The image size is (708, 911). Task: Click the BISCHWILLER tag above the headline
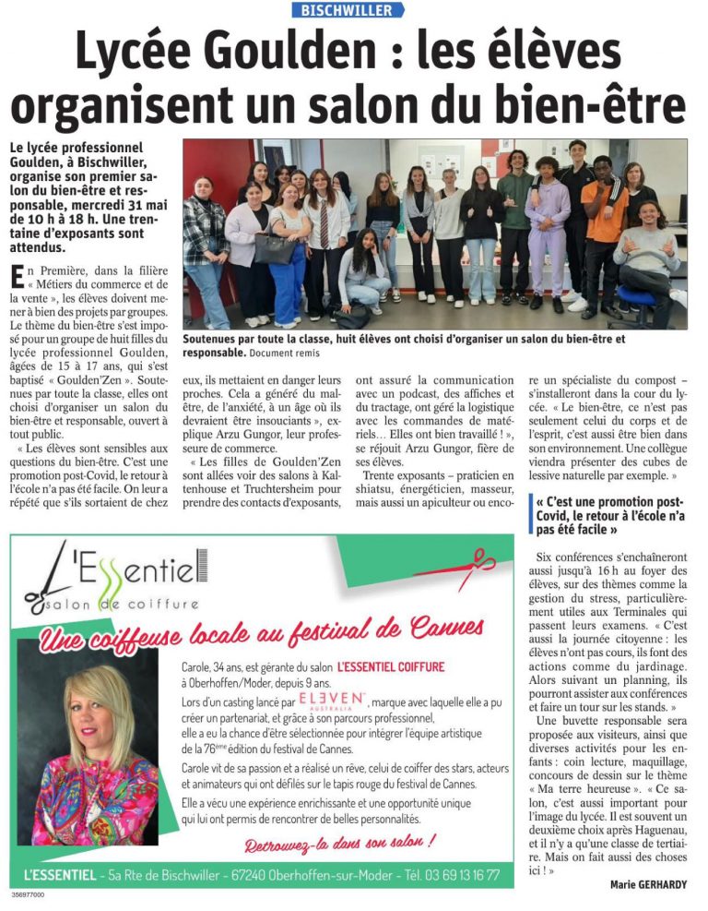(x=348, y=10)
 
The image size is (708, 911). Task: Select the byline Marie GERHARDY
(x=648, y=884)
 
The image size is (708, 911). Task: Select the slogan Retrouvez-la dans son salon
(x=339, y=842)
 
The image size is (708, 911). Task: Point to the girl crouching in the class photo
(x=365, y=272)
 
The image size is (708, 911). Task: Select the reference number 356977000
(x=29, y=894)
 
